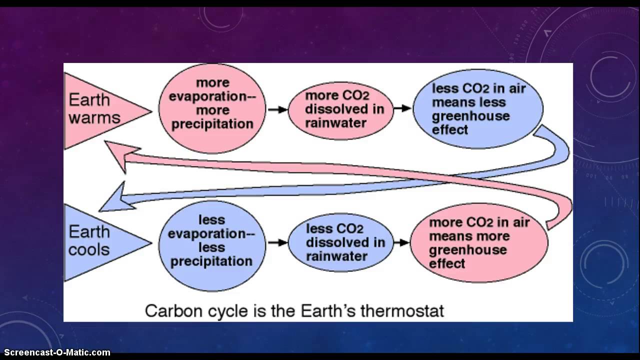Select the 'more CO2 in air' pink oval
pos(478,243)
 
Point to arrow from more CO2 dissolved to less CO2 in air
pos(401,108)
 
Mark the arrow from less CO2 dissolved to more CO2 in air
pos(401,242)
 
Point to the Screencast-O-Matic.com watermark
pos(55,352)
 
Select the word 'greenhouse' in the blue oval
pos(463,116)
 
